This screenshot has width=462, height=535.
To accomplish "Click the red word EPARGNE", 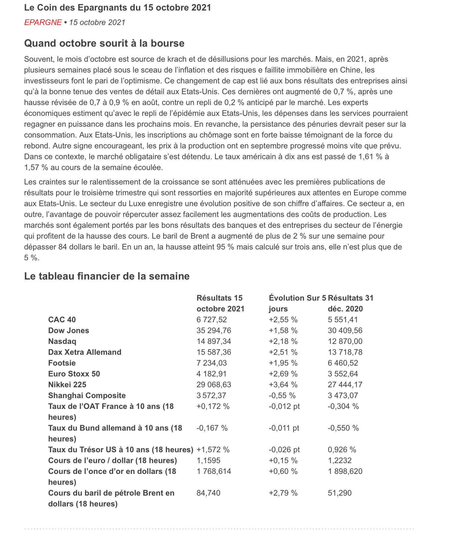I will point(43,23).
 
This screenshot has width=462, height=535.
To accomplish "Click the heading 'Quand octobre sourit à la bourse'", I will point(104,43).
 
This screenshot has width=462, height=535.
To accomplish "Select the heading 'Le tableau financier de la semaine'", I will point(107,276).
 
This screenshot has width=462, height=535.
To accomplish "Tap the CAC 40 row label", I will point(62,320).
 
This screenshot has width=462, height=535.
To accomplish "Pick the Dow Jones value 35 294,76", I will point(214,330).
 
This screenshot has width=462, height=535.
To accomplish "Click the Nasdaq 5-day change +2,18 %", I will point(283,341).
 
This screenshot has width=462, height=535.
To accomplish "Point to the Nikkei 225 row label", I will point(67,385).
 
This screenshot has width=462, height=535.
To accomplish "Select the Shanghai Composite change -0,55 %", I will point(282,395).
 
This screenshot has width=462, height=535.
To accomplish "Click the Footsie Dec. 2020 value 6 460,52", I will point(343,363).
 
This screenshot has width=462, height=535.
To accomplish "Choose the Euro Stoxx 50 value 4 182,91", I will point(211,374).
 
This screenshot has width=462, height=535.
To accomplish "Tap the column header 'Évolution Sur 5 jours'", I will point(297,303).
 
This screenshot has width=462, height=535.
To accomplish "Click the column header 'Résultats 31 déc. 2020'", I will point(350,303).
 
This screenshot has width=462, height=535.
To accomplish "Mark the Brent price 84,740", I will point(208,493).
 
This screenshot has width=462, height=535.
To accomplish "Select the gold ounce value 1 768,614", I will point(214,471).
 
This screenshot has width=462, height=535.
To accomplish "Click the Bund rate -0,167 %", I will point(212,428).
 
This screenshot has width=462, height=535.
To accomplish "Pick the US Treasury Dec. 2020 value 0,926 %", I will point(342,450).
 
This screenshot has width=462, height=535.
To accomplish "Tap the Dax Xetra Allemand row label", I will point(85,352).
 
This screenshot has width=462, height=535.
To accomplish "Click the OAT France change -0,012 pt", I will point(284,406).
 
